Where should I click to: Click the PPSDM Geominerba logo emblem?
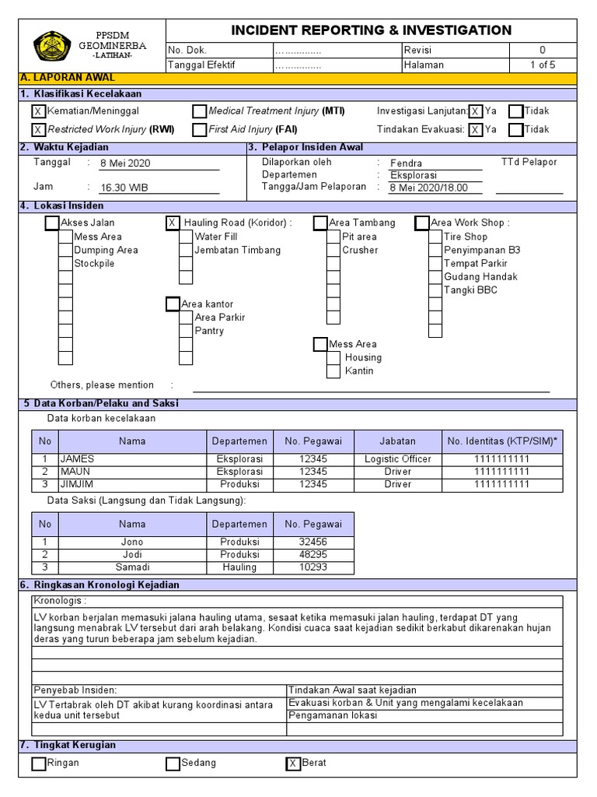click(x=53, y=45)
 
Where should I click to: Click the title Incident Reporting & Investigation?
click(x=371, y=30)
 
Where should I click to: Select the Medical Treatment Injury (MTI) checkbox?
click(x=200, y=111)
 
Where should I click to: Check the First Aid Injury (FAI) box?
click(x=200, y=130)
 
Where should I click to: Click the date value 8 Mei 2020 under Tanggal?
click(x=125, y=163)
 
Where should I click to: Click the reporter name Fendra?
click(x=406, y=163)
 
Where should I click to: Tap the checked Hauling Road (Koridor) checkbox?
click(x=173, y=223)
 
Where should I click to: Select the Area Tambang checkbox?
click(x=320, y=223)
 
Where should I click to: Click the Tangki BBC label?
click(x=470, y=290)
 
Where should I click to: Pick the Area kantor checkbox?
click(x=173, y=304)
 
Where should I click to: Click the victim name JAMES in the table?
click(x=77, y=459)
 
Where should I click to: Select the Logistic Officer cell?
click(x=397, y=459)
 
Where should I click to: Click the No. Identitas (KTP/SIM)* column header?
click(x=502, y=441)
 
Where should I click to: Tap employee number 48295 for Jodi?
click(x=313, y=554)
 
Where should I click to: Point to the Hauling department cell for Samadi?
click(x=239, y=567)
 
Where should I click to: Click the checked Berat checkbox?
click(x=293, y=764)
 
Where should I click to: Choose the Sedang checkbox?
click(x=173, y=764)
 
